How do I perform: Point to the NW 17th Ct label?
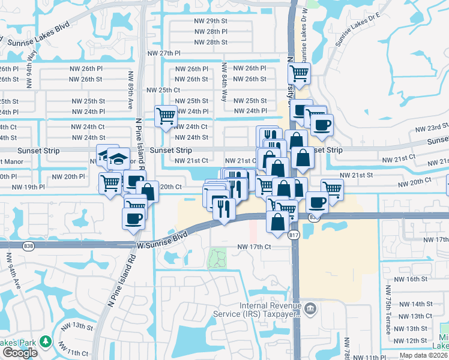pyautogui.click(x=255, y=247)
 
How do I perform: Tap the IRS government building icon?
pyautogui.click(x=310, y=309)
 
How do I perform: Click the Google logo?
pyautogui.click(x=20, y=352)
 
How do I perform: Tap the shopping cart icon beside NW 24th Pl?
pyautogui.click(x=166, y=115)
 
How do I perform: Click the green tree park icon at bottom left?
pyautogui.click(x=46, y=342)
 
